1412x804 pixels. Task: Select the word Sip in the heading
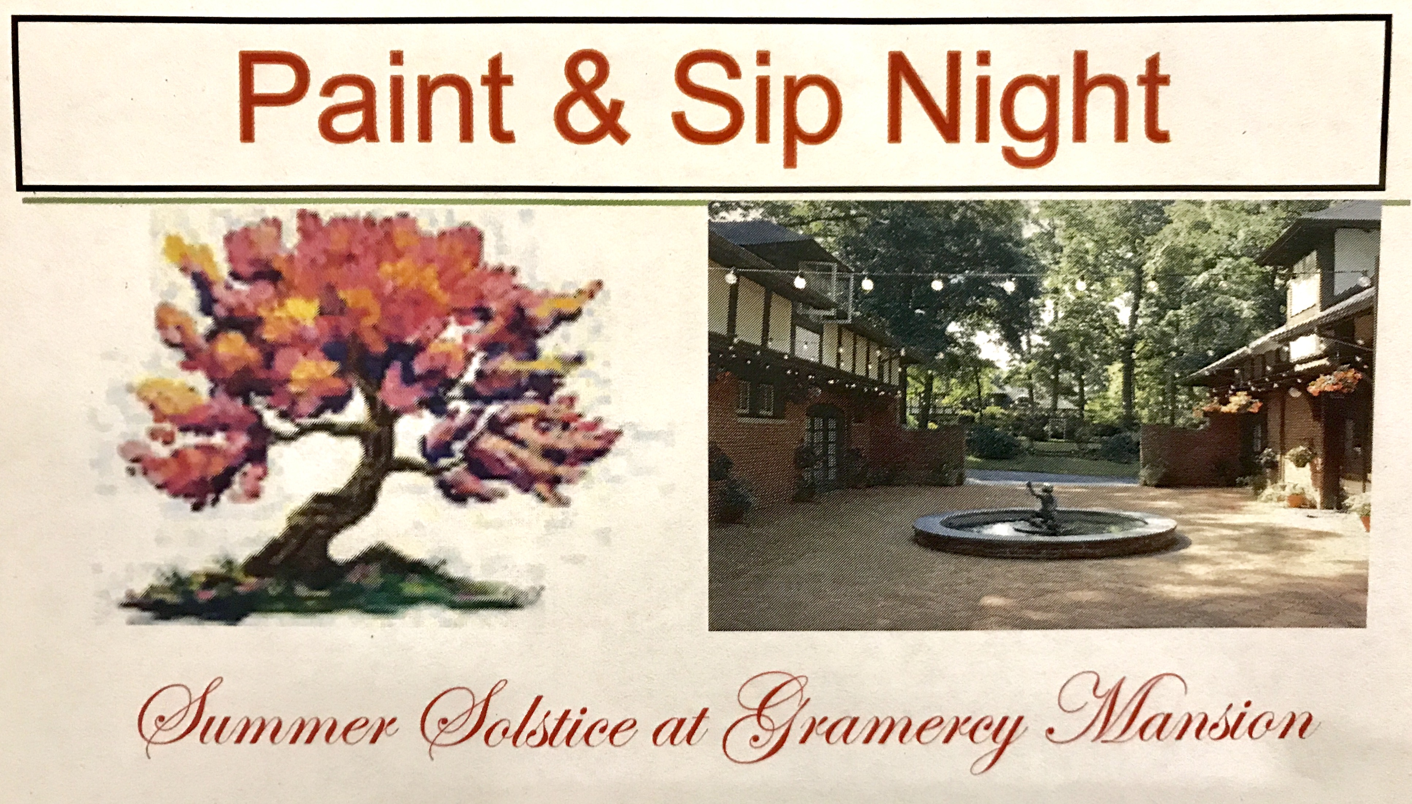pos(754,108)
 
